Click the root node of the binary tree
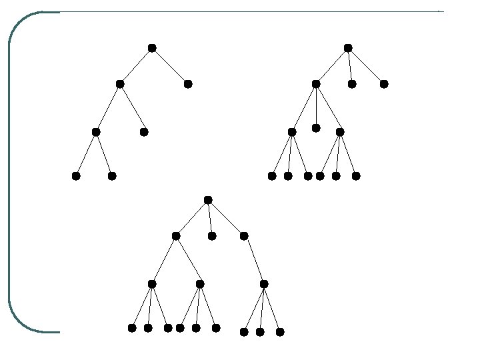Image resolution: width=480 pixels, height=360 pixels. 152,48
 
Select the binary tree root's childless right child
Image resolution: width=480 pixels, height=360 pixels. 188,84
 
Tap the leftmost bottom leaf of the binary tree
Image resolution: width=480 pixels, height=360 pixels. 76,176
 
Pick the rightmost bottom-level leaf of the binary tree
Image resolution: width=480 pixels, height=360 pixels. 112,176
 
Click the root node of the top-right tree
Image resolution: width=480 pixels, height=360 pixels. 348,48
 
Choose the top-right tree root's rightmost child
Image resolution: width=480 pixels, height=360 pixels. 384,84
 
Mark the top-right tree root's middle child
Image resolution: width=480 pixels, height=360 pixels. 352,84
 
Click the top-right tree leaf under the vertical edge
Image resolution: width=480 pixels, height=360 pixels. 316,128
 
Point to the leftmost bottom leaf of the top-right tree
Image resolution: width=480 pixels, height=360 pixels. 272,176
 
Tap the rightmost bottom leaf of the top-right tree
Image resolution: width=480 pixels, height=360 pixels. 356,176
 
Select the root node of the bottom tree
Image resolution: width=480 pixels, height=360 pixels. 208,200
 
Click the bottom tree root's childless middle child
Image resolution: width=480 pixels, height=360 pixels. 212,236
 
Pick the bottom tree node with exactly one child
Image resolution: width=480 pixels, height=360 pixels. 244,236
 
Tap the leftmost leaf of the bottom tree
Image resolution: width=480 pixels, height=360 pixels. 132,328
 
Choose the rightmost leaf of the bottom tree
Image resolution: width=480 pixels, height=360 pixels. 280,332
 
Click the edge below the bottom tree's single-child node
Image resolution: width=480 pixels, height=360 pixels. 254,260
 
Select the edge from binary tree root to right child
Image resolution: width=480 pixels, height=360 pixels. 170,66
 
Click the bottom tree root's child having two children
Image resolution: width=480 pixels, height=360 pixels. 176,236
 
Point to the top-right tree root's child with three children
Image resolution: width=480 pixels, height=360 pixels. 316,84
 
